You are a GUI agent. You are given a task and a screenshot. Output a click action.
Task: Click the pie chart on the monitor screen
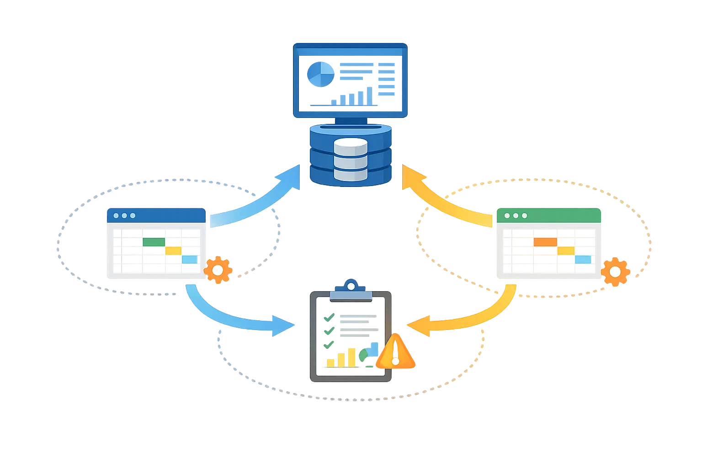(x=321, y=73)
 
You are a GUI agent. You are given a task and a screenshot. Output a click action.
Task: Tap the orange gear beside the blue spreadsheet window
(x=218, y=270)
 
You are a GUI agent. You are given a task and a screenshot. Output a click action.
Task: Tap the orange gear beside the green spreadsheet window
(x=615, y=272)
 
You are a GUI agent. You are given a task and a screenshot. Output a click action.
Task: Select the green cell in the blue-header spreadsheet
(x=154, y=242)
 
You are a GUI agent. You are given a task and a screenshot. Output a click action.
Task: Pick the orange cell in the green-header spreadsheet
(x=545, y=242)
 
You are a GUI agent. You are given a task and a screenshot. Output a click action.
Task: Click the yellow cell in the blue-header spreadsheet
(x=173, y=250)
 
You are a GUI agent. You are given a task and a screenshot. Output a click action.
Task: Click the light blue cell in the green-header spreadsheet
(x=583, y=259)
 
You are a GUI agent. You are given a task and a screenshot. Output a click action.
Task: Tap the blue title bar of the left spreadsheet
(x=157, y=215)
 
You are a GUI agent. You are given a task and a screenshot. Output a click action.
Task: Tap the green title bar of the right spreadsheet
(x=549, y=215)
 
